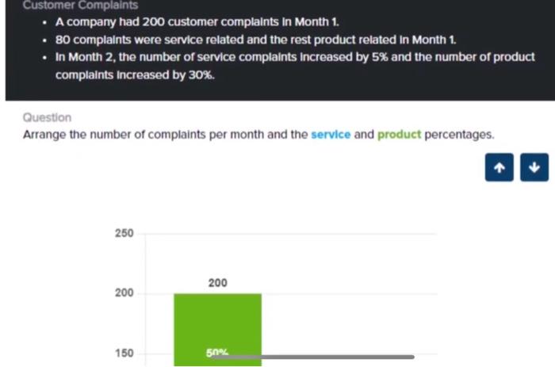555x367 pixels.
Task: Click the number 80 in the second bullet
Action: point(63,40)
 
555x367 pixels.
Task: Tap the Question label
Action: point(47,117)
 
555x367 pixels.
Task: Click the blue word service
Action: point(330,135)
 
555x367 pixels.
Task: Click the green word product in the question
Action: point(399,135)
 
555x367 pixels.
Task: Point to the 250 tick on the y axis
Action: point(124,234)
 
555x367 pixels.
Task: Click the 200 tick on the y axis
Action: point(124,293)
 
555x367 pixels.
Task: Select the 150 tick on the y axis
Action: point(124,354)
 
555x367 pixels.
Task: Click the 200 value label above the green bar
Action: point(217,283)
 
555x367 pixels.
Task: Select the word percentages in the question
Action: point(459,135)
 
